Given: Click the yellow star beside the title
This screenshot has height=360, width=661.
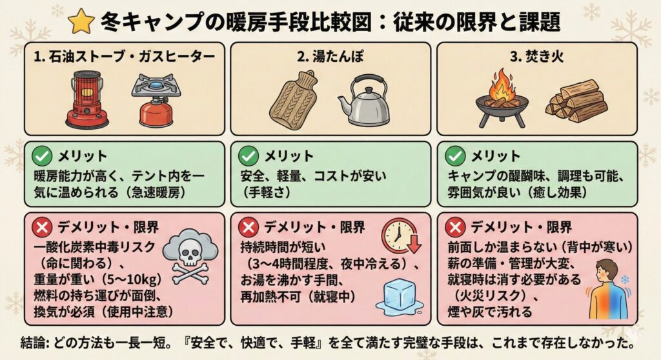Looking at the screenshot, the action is [81, 21].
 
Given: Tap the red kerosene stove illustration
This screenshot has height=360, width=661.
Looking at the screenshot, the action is [87, 99].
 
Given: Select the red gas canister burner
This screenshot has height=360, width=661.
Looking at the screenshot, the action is [156, 101].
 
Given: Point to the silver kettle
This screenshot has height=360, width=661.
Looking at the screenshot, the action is [363, 101].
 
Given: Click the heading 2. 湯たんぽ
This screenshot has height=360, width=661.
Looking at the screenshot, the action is [330, 56].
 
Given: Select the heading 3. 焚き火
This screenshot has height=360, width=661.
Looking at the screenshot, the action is [536, 56].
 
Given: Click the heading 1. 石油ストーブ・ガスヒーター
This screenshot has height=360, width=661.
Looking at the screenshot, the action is [125, 56].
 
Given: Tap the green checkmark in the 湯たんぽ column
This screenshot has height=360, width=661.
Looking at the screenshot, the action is [249, 156].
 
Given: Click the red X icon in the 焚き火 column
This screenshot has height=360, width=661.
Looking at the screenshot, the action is [455, 228].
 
